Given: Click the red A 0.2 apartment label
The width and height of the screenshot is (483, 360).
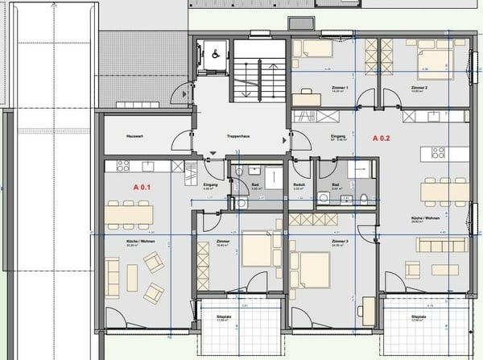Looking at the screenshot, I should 382,139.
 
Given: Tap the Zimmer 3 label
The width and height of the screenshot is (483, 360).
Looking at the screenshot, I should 337,242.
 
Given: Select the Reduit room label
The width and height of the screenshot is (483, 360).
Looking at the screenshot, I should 299,184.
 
